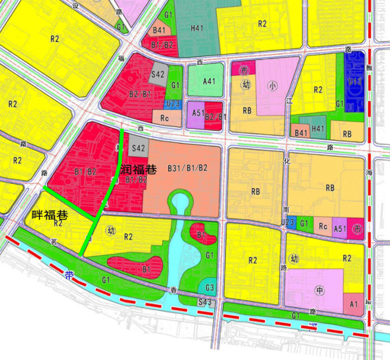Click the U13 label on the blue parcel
pos(355,82)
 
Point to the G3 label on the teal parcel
pos(210,288)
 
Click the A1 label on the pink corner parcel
pos(353,305)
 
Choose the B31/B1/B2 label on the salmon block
pos(187,168)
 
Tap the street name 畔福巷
pos(50,215)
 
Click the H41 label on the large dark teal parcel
pos(197,28)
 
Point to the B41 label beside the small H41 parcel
pos(301,132)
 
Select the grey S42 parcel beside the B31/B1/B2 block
pos(138,148)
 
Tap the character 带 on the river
pos(68,275)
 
